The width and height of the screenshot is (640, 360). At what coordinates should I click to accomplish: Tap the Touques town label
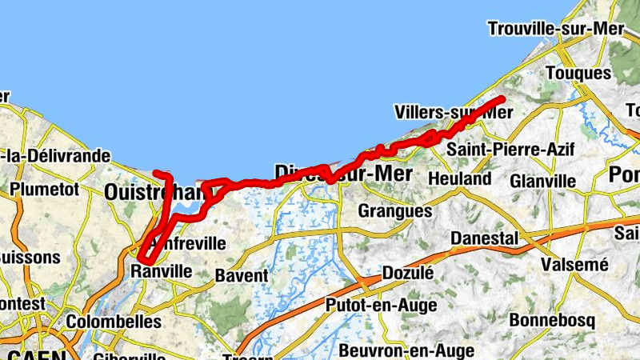coord(578,73)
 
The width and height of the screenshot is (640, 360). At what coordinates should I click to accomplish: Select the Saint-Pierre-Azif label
coord(499,150)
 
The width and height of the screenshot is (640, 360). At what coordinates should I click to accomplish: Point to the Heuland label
coord(460,178)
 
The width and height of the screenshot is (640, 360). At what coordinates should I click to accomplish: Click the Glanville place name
coord(542,181)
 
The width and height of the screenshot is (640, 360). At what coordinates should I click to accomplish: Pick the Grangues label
coord(395,211)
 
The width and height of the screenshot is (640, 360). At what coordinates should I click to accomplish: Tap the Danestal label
coord(485,238)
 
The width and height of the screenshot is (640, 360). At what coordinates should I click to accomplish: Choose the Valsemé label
coord(575,264)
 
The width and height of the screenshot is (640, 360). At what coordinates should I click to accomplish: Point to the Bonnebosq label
coord(562,321)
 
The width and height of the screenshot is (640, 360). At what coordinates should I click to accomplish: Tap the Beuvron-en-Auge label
coord(406,350)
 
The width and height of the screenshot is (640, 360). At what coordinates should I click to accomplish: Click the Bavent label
coord(242,276)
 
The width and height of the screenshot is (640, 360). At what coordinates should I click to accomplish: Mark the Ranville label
coord(161,272)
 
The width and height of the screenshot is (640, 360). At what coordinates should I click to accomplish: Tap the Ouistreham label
coord(152,193)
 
